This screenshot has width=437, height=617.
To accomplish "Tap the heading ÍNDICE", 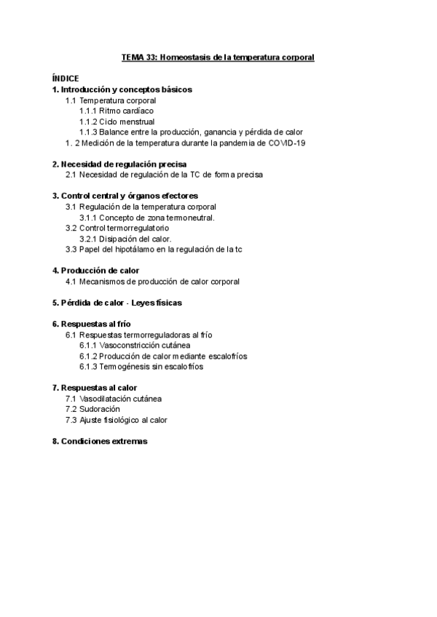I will pyautogui.click(x=66, y=79).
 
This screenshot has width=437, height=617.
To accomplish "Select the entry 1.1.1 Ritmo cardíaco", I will pyautogui.click(x=117, y=111).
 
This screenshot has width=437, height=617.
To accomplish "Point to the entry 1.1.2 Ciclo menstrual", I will pyautogui.click(x=117, y=122).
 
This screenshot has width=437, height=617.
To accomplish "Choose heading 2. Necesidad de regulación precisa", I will pyautogui.click(x=119, y=164).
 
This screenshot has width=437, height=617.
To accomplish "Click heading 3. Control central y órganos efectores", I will pyautogui.click(x=125, y=196).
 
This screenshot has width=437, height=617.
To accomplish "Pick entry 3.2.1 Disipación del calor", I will pyautogui.click(x=125, y=239).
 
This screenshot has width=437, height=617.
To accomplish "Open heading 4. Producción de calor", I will pyautogui.click(x=95, y=271).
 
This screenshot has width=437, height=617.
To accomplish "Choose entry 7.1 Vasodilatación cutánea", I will pyautogui.click(x=113, y=399).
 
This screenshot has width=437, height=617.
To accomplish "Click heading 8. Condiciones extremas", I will pyautogui.click(x=100, y=441).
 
